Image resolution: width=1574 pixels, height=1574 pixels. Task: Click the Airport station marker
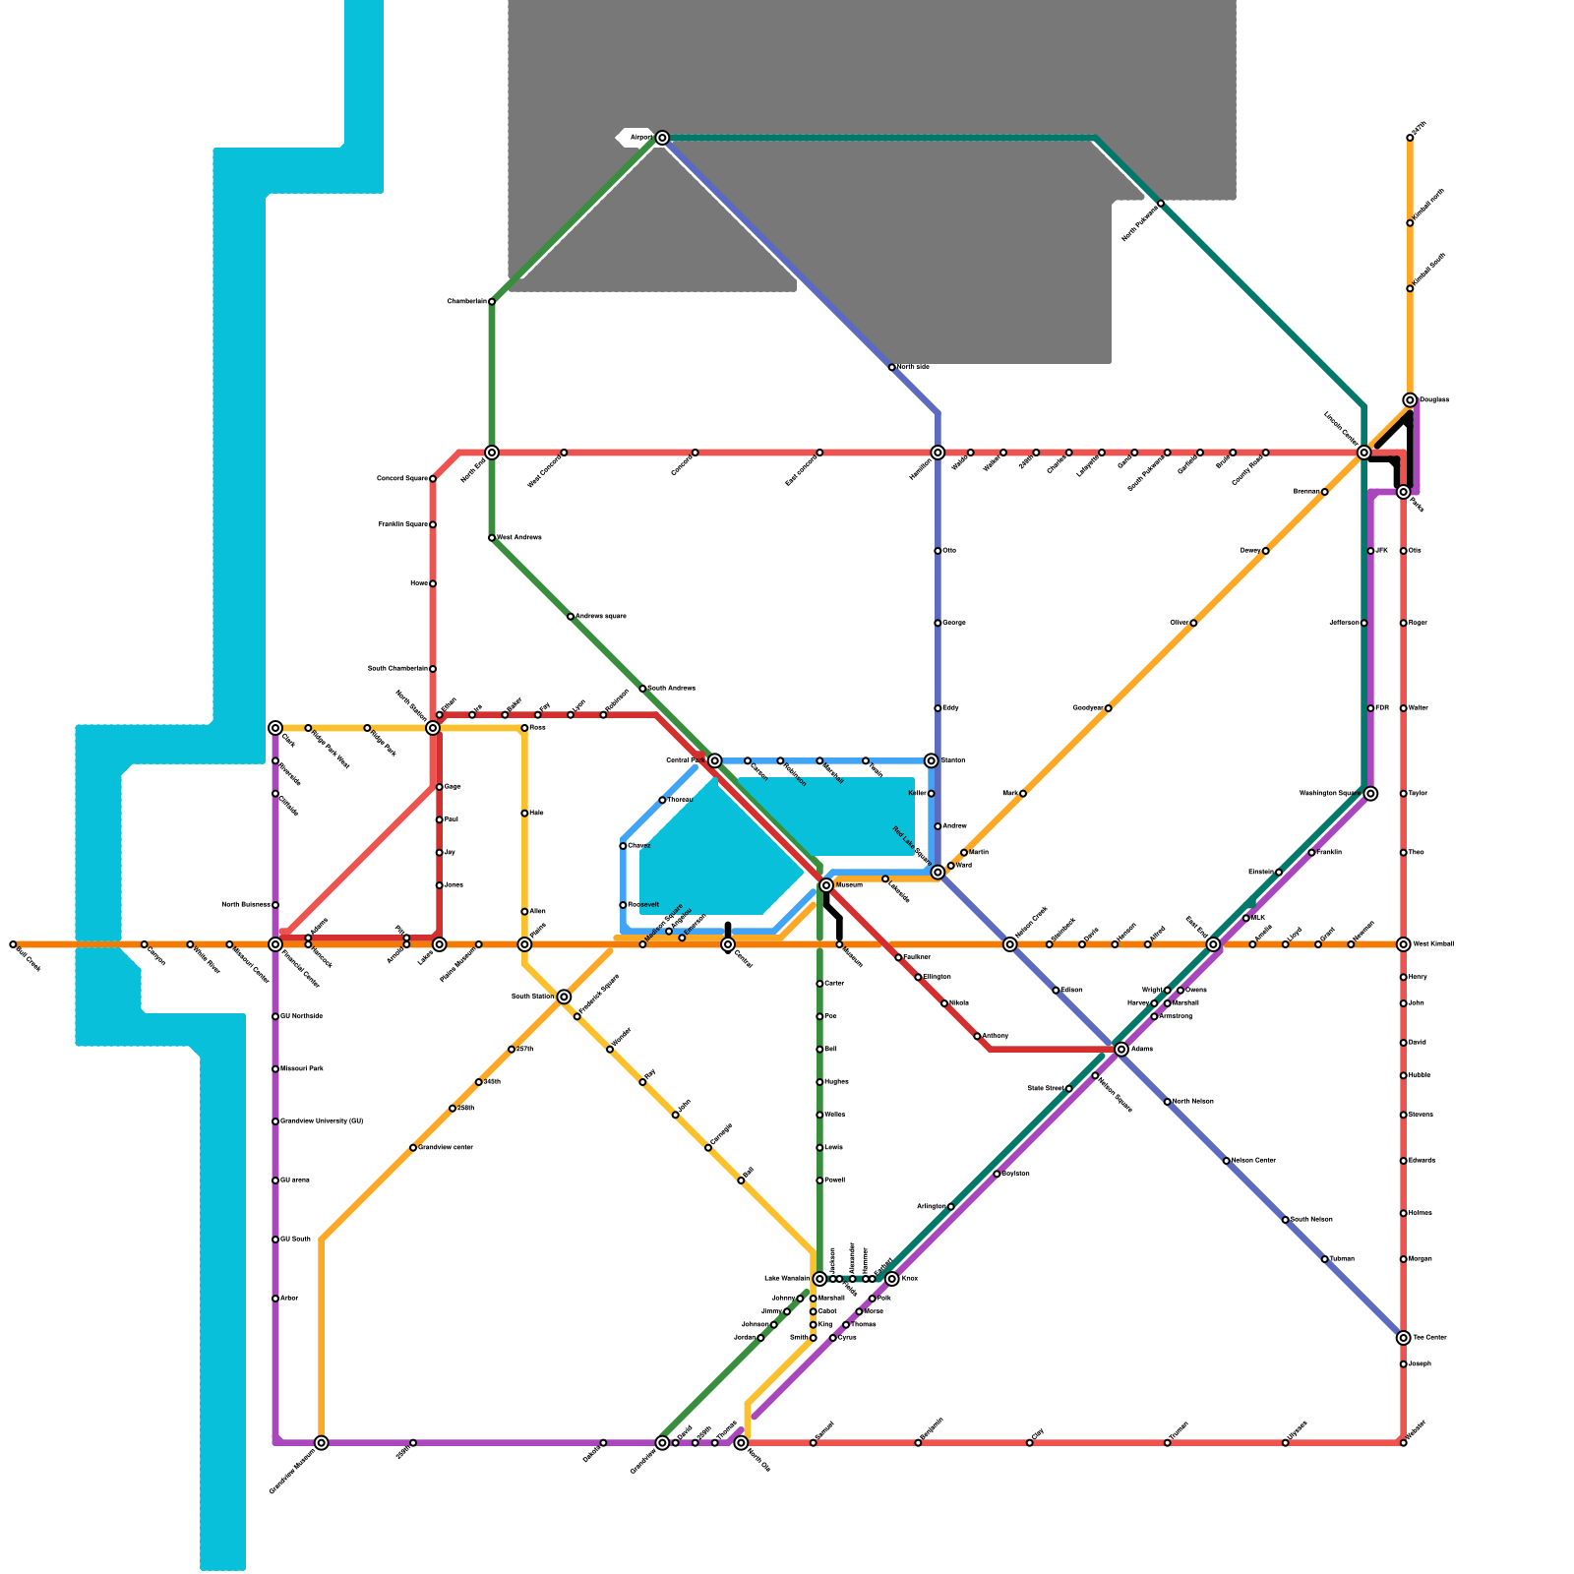(x=662, y=138)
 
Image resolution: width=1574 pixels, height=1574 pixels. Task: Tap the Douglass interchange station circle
(x=1410, y=400)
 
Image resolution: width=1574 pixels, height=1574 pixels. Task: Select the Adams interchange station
(x=1121, y=1050)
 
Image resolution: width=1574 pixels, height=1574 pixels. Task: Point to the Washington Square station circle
(x=1370, y=794)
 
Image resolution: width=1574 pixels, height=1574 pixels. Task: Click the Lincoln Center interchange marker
(x=1363, y=453)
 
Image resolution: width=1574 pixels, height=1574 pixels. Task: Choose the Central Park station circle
(x=715, y=760)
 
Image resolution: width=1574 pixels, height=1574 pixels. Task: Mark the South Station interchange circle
(x=564, y=997)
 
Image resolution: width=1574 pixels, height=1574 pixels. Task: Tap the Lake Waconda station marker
(x=819, y=1279)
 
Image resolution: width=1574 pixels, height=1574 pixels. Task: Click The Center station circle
(x=1403, y=1338)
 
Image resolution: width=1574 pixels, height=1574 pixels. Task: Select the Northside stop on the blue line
(x=891, y=367)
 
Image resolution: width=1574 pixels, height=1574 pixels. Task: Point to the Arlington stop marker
(x=950, y=1206)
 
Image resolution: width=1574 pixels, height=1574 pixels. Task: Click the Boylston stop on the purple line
(x=997, y=1174)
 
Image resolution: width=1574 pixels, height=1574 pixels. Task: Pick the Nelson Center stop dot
(x=1226, y=1161)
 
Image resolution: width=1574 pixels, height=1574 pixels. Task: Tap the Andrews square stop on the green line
(x=571, y=617)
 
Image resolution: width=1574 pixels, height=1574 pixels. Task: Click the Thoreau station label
(x=680, y=800)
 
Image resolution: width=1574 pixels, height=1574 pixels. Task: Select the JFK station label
(x=1381, y=551)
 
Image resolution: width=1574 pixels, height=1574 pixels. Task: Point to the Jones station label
(x=454, y=885)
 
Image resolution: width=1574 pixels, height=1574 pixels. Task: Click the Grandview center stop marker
(x=413, y=1148)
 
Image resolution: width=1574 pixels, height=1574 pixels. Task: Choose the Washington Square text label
(x=1329, y=793)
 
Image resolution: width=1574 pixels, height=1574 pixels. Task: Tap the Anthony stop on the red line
(x=977, y=1036)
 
